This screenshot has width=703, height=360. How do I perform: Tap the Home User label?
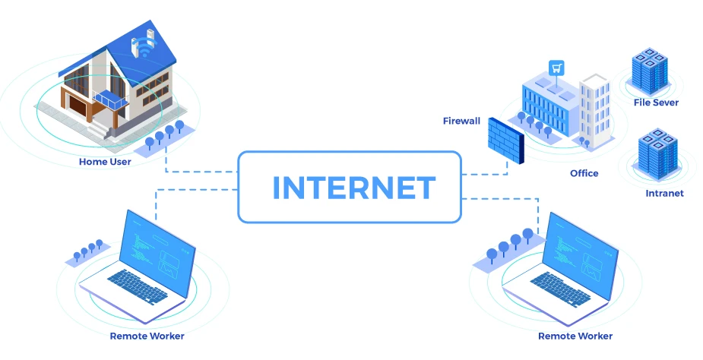coord(105,161)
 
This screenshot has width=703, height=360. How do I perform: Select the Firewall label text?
coord(461,121)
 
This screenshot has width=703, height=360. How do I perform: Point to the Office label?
coord(584,173)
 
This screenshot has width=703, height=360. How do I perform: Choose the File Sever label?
coord(656,102)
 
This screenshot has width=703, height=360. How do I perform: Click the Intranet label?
coord(664,193)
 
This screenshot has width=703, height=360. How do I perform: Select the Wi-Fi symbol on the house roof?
coord(141,49)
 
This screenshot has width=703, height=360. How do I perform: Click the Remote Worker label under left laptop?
coord(147,336)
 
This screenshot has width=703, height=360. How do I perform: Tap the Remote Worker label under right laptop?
coord(575,336)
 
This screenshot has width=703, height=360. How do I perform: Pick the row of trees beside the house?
coord(164,134)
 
